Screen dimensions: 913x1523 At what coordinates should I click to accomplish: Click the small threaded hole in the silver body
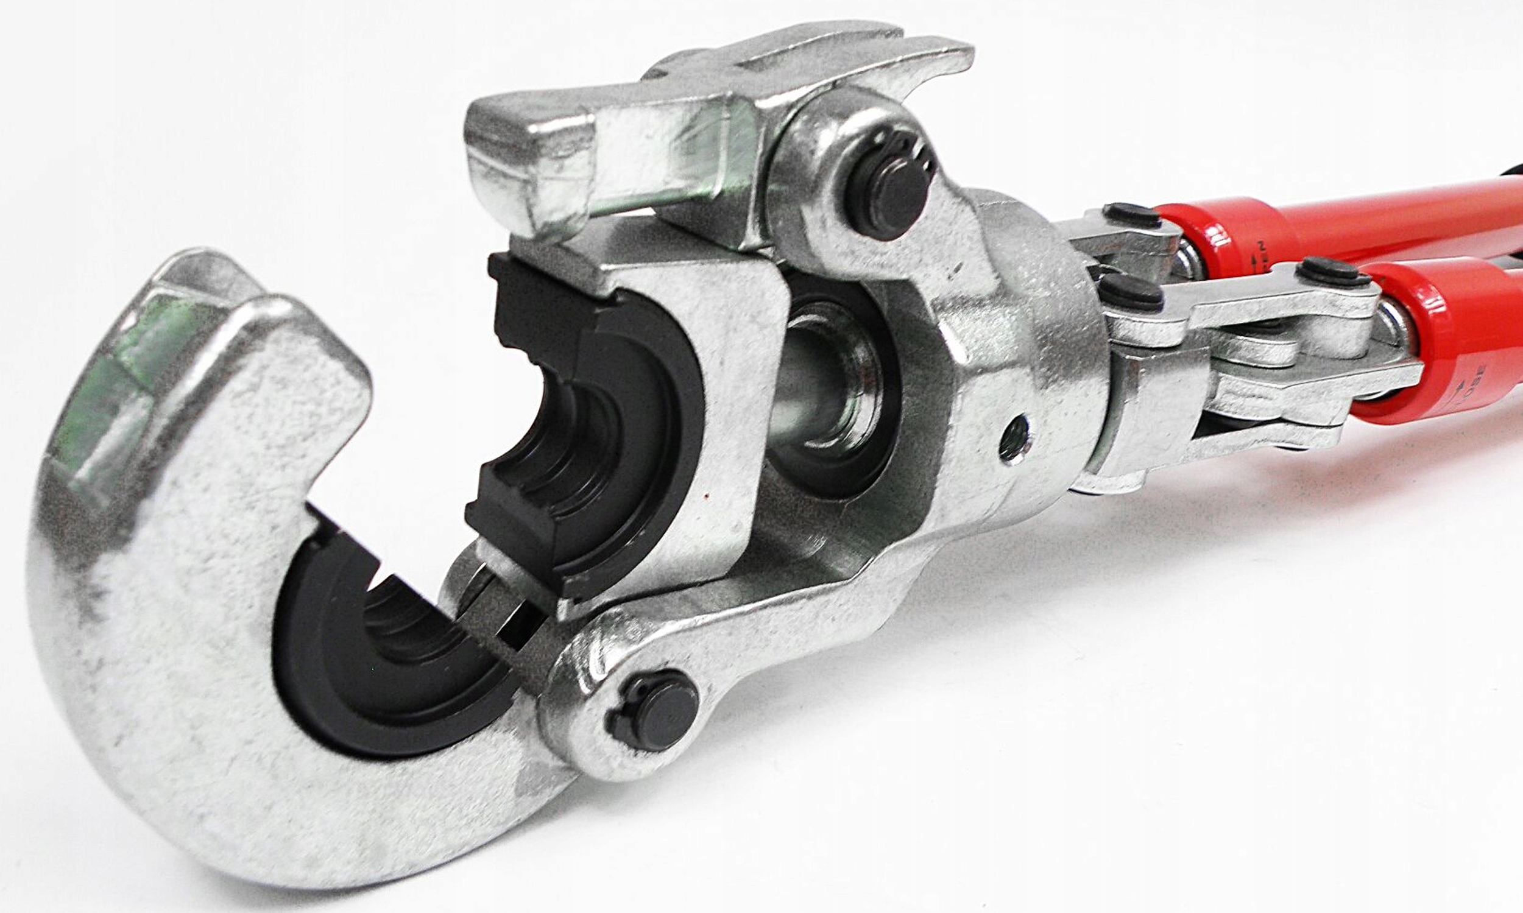click(1014, 438)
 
